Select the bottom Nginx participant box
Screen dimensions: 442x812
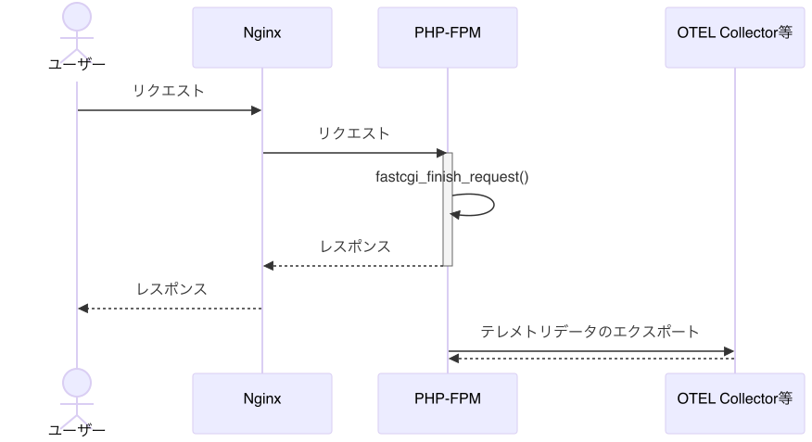pos(261,398)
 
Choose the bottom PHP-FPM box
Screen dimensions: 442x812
pos(447,398)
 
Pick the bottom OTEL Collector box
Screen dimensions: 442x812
pos(734,398)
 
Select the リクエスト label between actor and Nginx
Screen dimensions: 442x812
pos(169,91)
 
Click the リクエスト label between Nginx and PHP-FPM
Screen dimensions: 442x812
pos(354,133)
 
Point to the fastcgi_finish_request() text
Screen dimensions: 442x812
pos(451,176)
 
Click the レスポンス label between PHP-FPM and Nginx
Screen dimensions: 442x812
pos(355,246)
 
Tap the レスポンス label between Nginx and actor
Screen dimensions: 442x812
pos(171,289)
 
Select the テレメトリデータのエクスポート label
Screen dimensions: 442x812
pos(590,332)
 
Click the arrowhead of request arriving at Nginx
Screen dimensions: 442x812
pos(257,111)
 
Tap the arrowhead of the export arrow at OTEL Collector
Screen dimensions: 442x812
pos(729,351)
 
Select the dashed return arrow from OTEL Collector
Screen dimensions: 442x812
pos(593,358)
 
